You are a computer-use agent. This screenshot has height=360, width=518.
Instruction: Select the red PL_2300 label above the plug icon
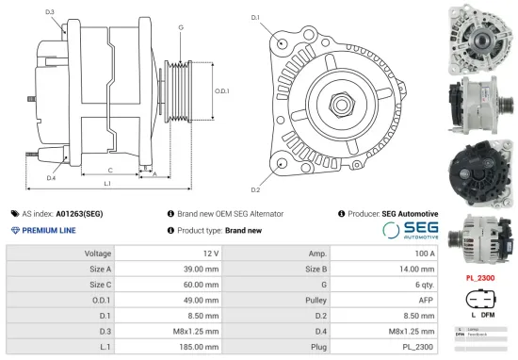(x=481, y=278)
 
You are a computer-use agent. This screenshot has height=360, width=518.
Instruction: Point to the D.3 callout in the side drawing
(x=49, y=12)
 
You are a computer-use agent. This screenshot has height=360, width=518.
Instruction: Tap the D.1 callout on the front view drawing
(x=255, y=16)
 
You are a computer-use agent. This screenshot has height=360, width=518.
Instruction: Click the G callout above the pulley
(x=181, y=27)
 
